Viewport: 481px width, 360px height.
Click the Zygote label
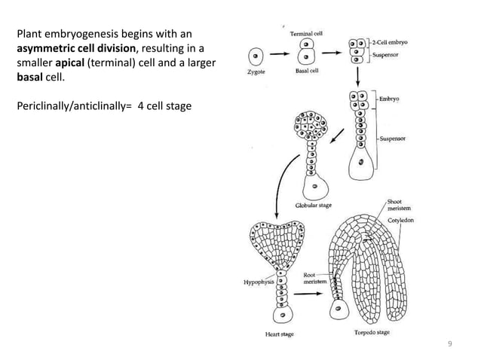tap(256, 73)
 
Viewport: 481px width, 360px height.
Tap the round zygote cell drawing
tap(256, 56)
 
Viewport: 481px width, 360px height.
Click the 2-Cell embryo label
tap(392, 43)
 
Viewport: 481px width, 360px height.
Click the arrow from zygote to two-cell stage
tap(280, 55)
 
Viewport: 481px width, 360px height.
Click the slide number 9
tap(450, 344)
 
